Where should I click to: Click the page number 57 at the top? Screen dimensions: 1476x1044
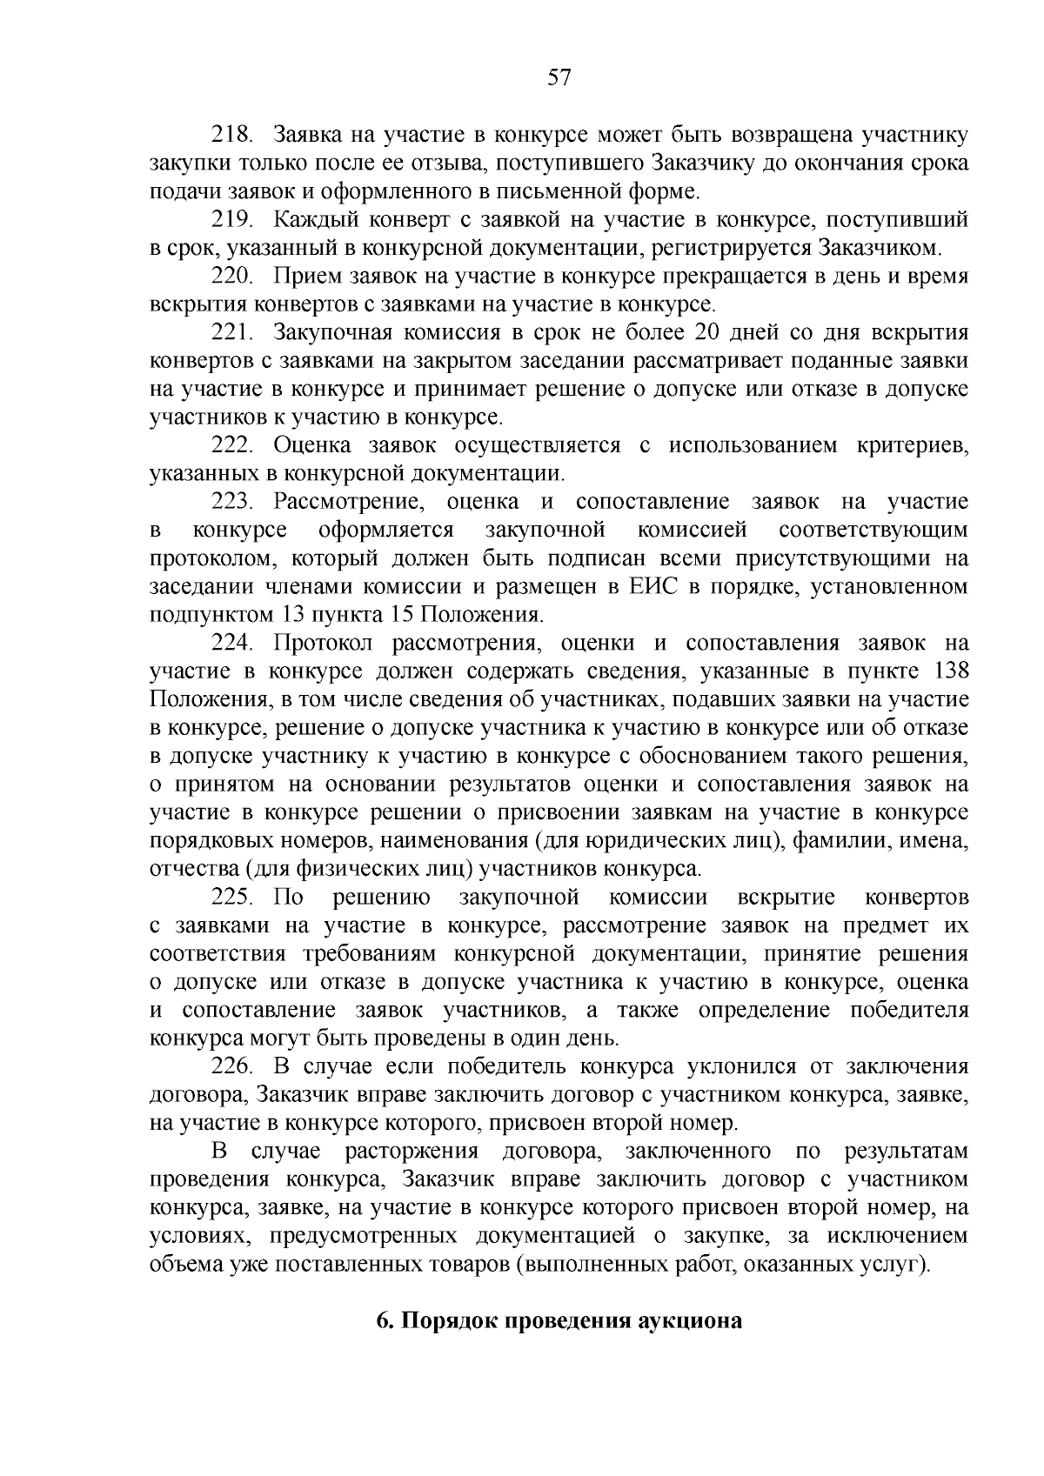[x=559, y=78]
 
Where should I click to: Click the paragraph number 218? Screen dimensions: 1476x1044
[x=232, y=135]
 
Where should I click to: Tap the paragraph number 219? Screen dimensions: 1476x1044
[x=232, y=219]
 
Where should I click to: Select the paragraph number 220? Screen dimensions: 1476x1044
[x=232, y=276]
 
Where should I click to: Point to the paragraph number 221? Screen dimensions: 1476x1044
[x=232, y=332]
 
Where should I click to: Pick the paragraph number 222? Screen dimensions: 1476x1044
[x=232, y=445]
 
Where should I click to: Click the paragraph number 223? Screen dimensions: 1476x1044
[x=232, y=502]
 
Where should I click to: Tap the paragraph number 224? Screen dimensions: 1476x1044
[x=232, y=643]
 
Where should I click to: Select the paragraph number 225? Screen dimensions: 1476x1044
[x=232, y=897]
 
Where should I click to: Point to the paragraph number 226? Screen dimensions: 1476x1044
[x=232, y=1066]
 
